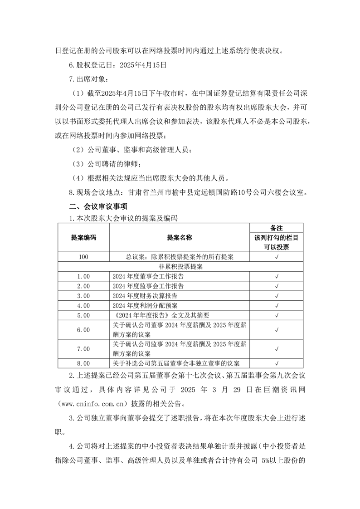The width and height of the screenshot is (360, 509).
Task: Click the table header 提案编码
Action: point(83,237)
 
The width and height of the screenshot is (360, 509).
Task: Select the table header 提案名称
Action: point(179,237)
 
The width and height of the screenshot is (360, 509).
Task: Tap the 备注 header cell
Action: point(276,228)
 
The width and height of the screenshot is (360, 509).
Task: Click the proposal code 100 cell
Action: point(83,257)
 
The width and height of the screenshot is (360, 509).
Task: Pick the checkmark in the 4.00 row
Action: point(276,305)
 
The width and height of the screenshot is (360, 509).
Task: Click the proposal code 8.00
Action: point(83,363)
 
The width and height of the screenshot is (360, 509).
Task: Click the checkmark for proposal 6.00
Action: point(276,329)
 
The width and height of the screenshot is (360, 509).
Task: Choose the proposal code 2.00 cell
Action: point(83,286)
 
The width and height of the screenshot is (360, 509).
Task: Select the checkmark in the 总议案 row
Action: point(276,257)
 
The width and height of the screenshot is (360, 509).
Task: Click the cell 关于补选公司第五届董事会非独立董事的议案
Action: point(176,363)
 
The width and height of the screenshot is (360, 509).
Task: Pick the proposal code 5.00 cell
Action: point(83,315)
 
